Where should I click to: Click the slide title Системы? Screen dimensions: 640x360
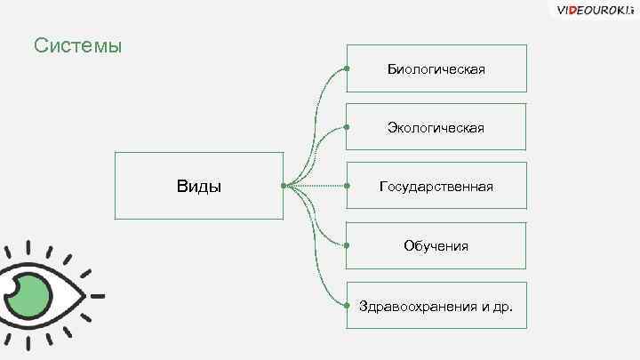(77, 44)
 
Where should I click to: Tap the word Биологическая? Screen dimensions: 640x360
(436, 68)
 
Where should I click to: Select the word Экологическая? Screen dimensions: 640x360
(436, 128)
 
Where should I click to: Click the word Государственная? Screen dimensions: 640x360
(436, 187)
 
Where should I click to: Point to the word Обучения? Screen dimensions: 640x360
(436, 245)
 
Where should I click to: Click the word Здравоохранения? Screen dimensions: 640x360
(414, 306)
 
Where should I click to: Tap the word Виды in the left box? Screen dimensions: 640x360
(200, 187)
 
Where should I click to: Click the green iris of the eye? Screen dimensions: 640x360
(36, 298)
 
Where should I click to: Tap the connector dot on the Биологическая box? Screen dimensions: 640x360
(346, 68)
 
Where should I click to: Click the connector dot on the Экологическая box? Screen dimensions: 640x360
(346, 127)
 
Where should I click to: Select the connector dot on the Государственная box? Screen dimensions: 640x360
(346, 186)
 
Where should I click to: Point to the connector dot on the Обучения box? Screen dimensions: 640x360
(346, 245)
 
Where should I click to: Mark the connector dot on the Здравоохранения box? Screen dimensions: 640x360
(346, 305)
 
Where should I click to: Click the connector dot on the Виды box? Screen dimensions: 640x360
(283, 186)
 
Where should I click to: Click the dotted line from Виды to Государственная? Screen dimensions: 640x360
(320, 186)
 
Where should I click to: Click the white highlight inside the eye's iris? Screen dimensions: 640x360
(13, 290)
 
